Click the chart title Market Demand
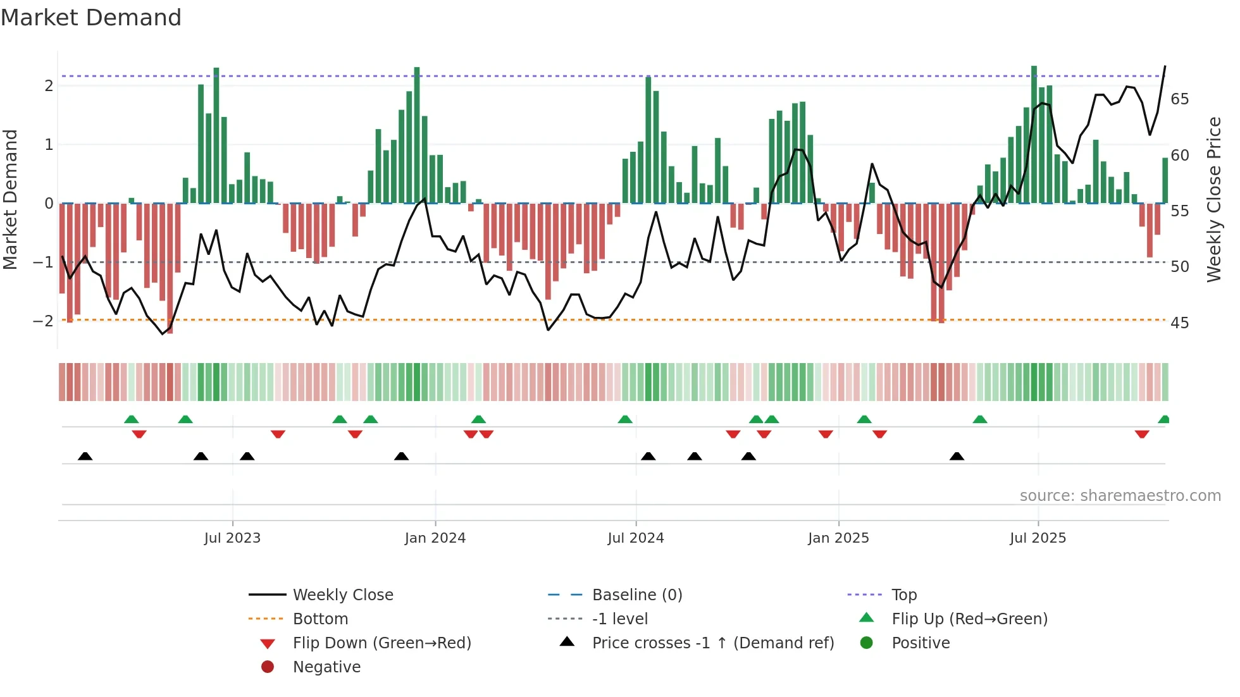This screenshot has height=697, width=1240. [x=91, y=18]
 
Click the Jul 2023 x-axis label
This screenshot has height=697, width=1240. [x=232, y=538]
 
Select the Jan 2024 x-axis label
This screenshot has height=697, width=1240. [x=435, y=538]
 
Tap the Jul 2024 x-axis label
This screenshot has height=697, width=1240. [x=636, y=538]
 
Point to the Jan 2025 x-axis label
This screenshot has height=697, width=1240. [x=838, y=538]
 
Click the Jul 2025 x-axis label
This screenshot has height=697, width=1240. [x=1038, y=538]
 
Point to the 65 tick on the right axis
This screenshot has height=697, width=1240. [x=1179, y=99]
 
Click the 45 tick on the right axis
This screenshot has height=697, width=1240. [x=1179, y=323]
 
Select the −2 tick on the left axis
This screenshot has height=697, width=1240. [x=43, y=321]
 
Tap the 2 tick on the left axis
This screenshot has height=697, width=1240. [x=49, y=86]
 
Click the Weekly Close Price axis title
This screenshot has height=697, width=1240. [x=1213, y=199]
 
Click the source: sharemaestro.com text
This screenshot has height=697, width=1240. [x=1120, y=496]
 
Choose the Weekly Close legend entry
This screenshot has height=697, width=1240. [x=342, y=595]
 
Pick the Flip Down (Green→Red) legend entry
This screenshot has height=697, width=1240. [x=381, y=643]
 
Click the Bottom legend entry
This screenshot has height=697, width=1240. [x=320, y=619]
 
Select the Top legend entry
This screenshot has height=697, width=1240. [x=904, y=595]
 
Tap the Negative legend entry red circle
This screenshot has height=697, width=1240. [x=268, y=667]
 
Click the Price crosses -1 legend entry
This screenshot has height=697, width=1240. [x=712, y=643]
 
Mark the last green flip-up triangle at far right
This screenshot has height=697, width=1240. [x=1163, y=419]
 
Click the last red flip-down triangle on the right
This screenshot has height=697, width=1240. [x=1142, y=434]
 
